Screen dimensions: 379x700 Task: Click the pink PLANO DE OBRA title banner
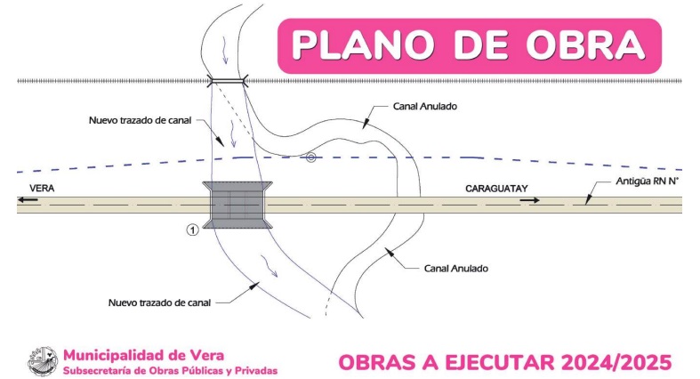click(470, 45)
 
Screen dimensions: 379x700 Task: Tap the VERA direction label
click(42, 189)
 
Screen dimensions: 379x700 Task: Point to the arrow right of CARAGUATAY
click(530, 201)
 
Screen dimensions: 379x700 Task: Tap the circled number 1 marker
click(191, 230)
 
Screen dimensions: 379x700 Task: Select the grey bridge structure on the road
click(237, 204)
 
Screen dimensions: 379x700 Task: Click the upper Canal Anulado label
click(426, 106)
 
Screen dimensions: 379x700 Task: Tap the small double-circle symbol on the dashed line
click(310, 158)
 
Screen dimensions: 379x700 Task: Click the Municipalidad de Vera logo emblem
click(41, 361)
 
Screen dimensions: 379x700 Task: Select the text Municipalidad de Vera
click(136, 353)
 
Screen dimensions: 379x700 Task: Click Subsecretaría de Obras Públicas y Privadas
click(170, 369)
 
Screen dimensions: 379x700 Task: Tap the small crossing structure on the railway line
click(228, 82)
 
